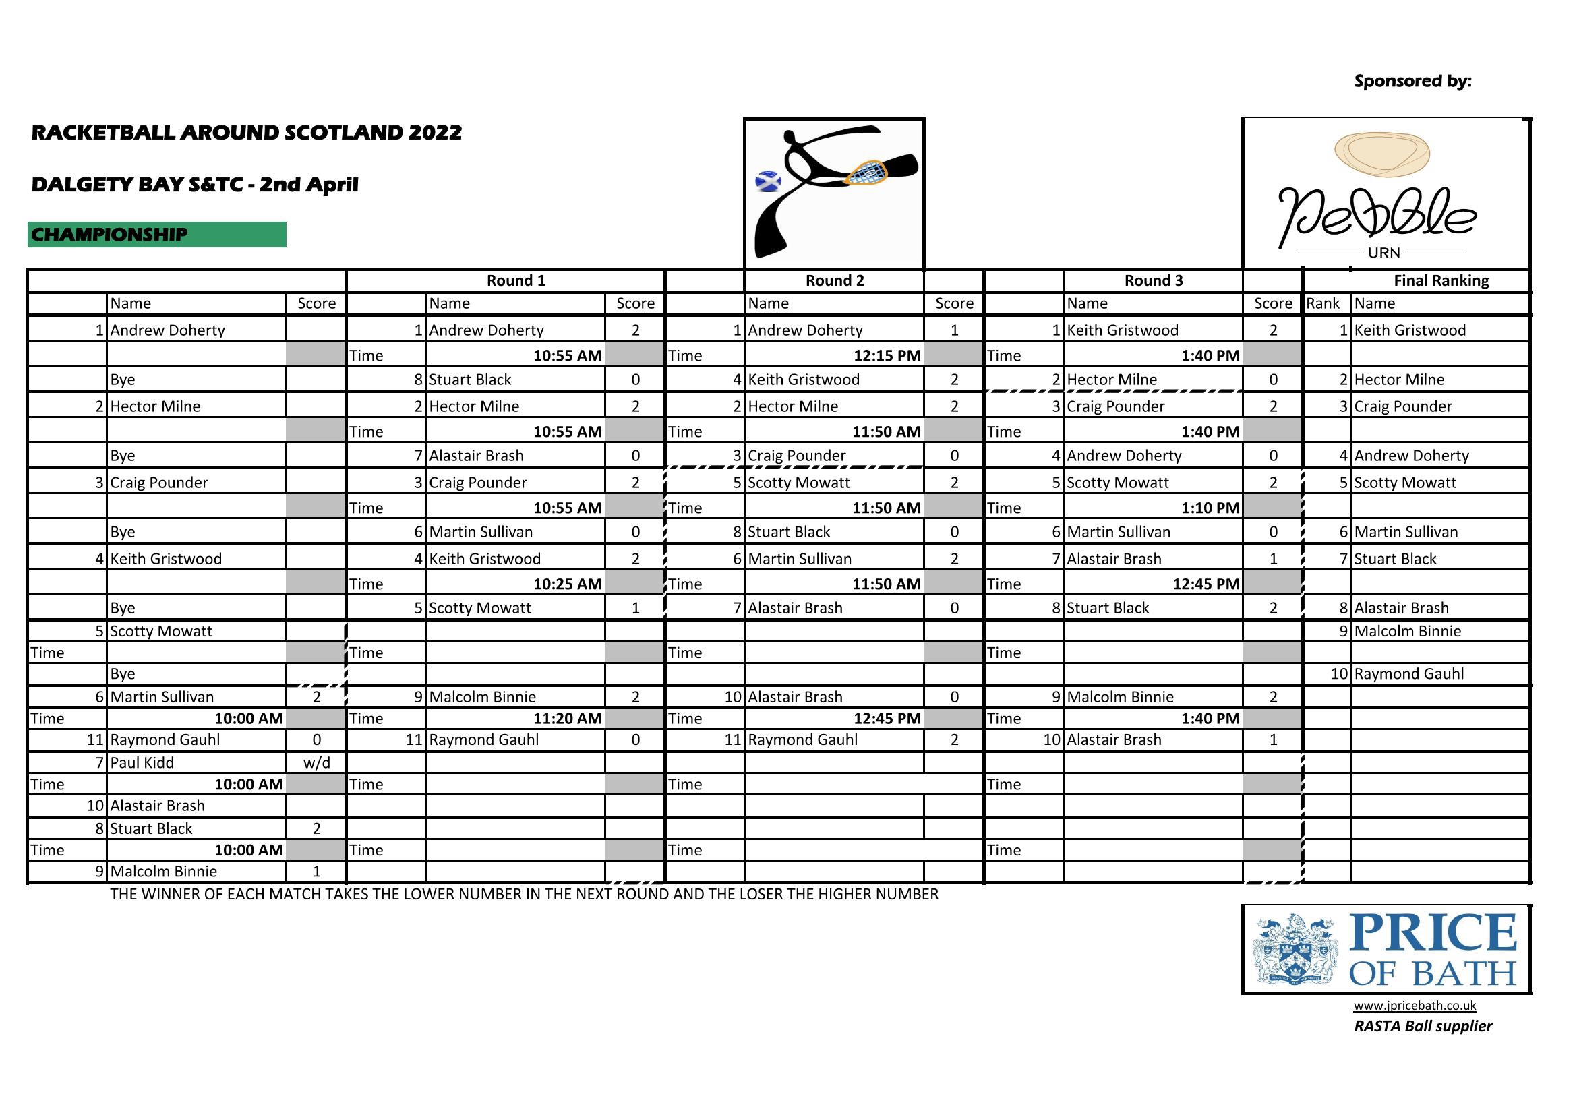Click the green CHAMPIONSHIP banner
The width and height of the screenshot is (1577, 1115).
pos(156,235)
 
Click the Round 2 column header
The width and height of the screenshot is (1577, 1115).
pos(834,281)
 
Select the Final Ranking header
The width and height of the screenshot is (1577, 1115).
pos(1440,281)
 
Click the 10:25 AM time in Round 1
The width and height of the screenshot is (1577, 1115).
pos(567,584)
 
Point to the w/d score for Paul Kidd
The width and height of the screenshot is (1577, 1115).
pos(316,763)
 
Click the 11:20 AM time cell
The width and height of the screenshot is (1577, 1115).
pos(567,719)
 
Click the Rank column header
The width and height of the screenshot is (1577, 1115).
pos(1323,303)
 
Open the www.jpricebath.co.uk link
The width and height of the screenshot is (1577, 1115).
pos(1415,1006)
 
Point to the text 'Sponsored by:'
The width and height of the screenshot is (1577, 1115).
pos(1412,81)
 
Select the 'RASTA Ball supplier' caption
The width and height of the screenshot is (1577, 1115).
pos(1423,1027)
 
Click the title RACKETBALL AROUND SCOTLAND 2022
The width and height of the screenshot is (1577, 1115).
pos(247,133)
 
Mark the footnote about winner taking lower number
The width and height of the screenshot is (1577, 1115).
pos(524,895)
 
